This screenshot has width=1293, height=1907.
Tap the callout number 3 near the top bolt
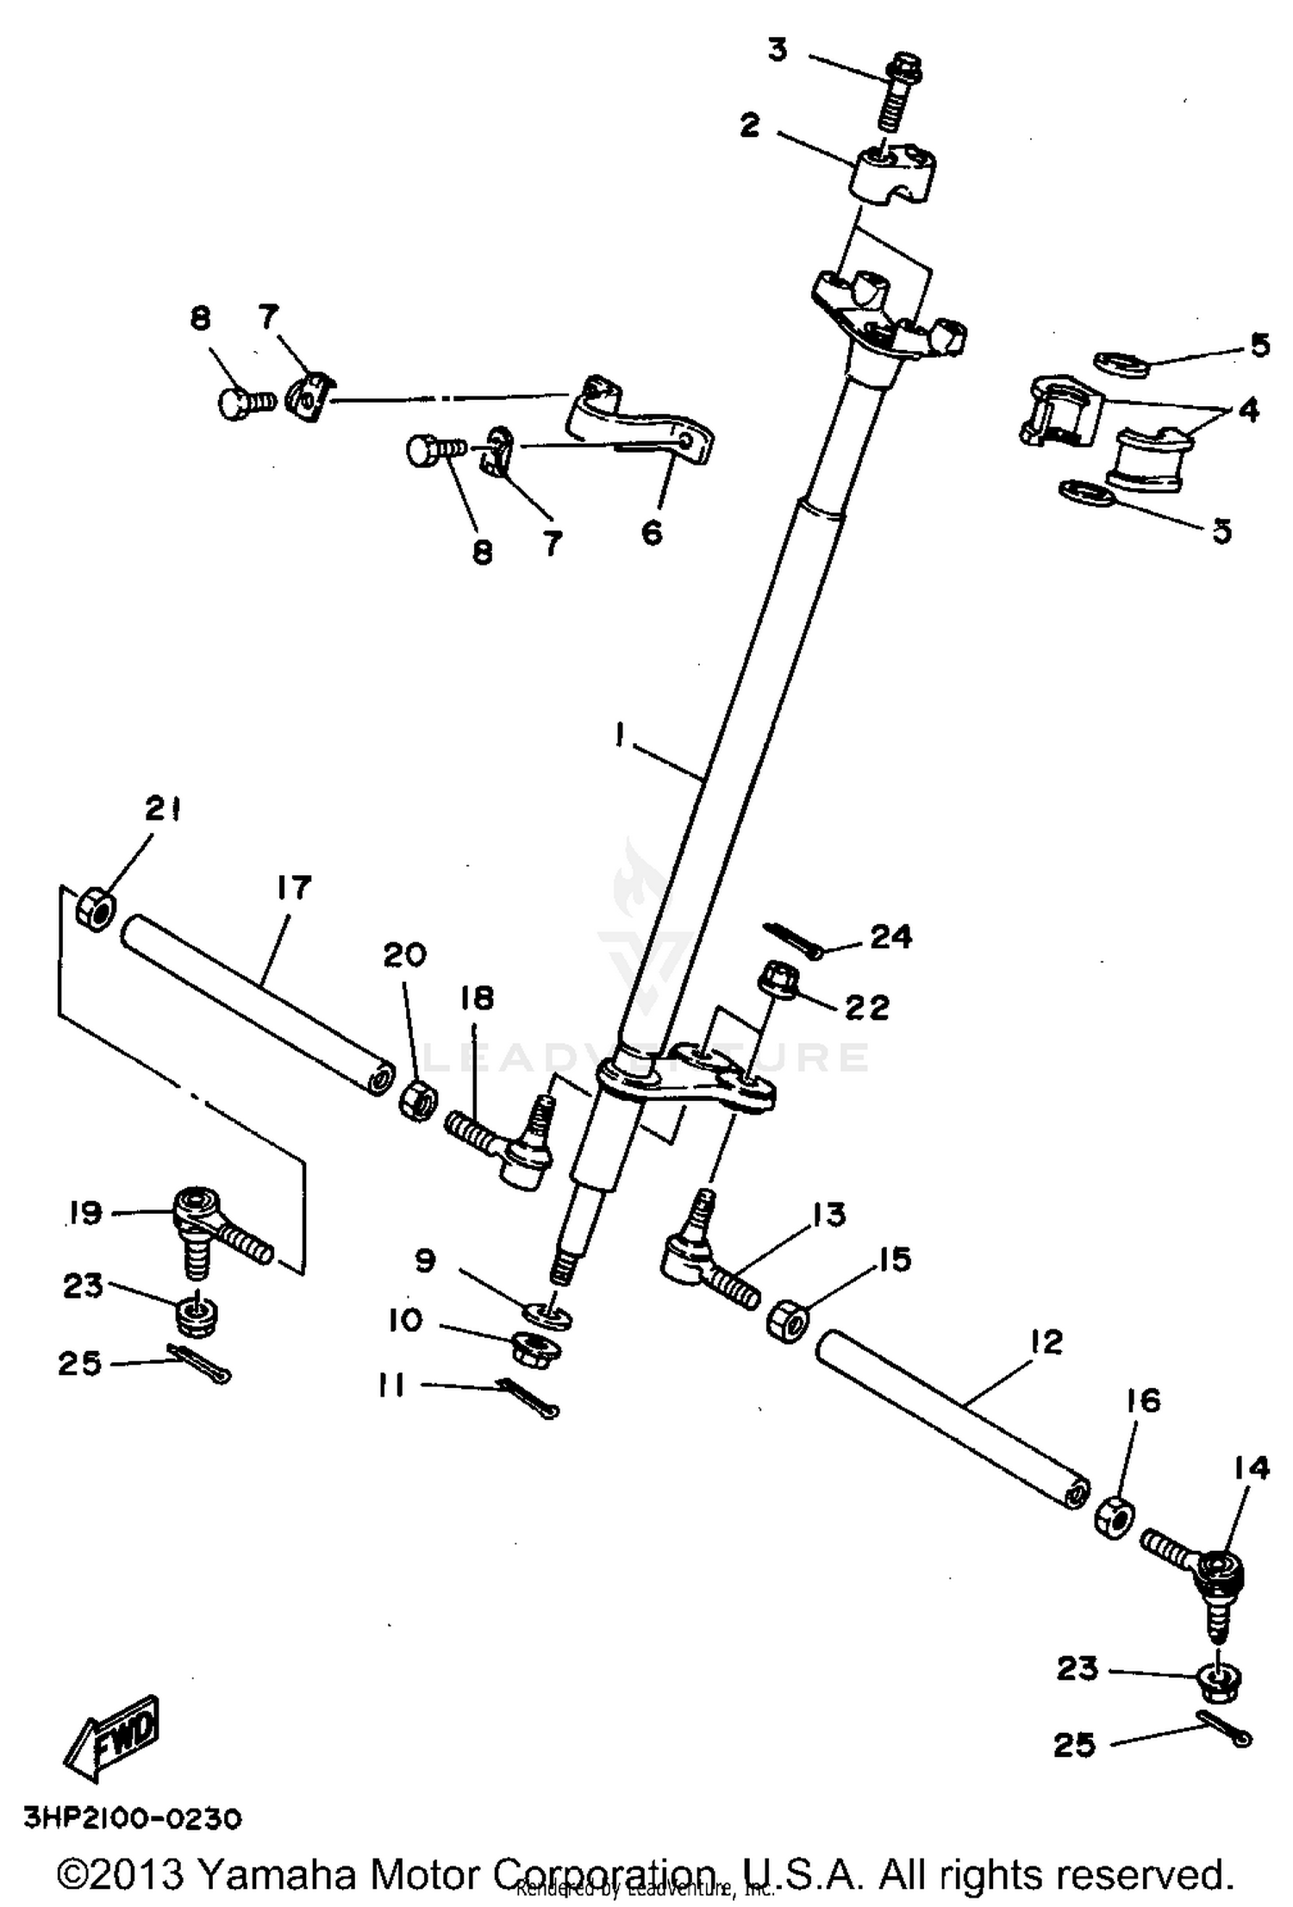777,51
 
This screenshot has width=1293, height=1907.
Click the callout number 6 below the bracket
653,532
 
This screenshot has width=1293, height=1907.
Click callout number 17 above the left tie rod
292,887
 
